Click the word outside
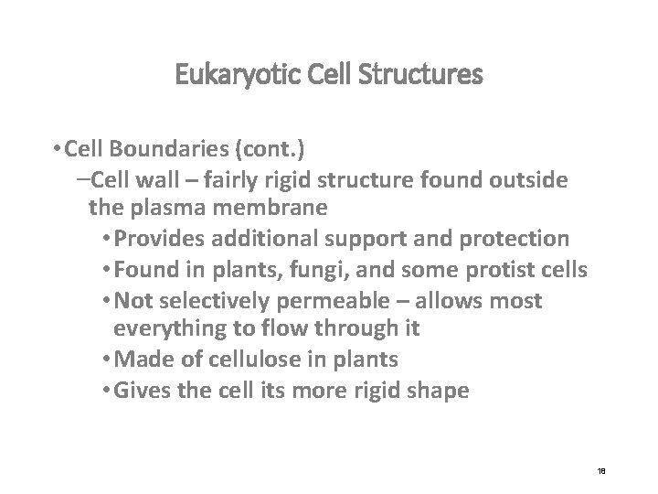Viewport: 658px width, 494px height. coord(530,180)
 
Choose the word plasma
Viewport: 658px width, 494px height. coord(172,209)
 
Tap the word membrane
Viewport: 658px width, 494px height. coord(277,209)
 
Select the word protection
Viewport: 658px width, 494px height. coord(519,239)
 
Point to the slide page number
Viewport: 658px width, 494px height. coord(602,469)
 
